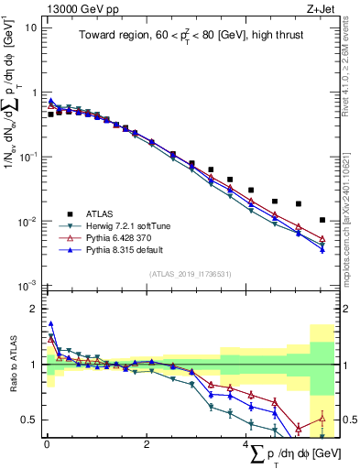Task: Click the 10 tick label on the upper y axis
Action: click(x=30, y=27)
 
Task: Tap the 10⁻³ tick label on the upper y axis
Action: click(x=27, y=287)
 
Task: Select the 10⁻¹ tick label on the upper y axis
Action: click(x=27, y=158)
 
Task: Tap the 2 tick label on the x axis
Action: click(x=147, y=444)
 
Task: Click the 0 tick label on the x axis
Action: click(x=47, y=444)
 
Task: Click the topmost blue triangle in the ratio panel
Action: click(x=51, y=323)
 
